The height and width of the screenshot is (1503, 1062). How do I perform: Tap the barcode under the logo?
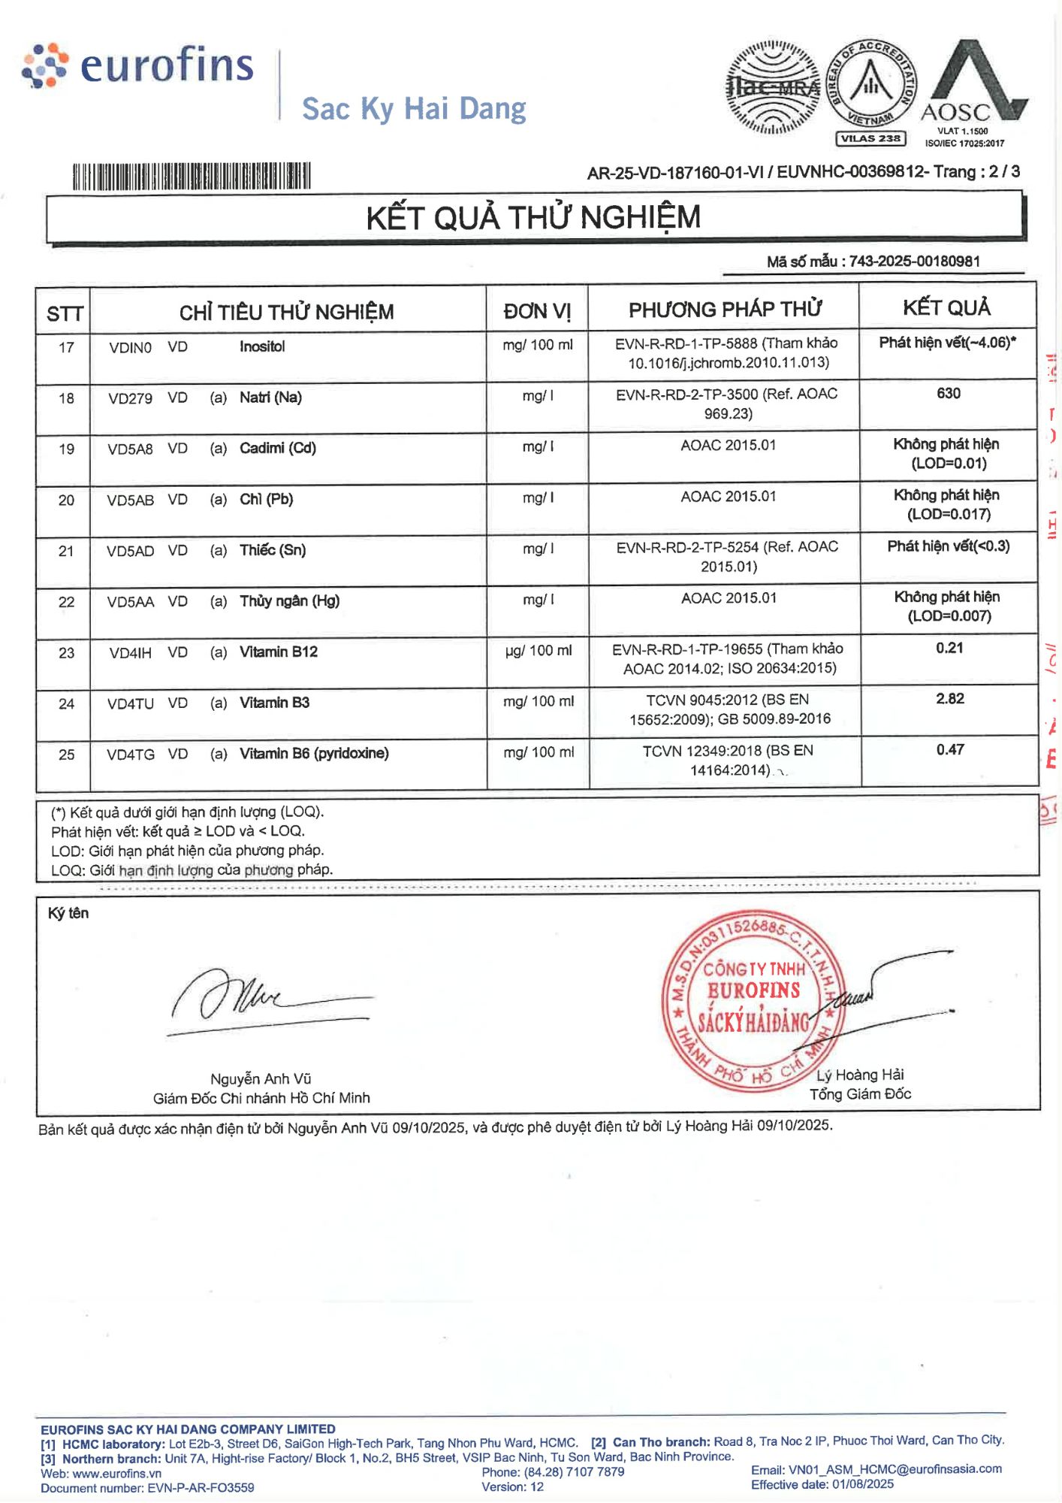(192, 177)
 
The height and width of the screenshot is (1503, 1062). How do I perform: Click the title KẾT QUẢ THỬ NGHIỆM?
(533, 218)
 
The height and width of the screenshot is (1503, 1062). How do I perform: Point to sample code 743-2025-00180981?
(914, 262)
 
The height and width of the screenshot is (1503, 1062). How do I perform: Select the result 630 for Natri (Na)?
(949, 394)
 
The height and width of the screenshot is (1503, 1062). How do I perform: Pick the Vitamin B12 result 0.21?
(949, 648)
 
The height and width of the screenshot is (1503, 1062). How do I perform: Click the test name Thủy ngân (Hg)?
(289, 601)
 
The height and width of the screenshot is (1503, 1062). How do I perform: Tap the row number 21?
(66, 551)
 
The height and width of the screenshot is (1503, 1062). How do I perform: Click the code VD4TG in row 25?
(131, 755)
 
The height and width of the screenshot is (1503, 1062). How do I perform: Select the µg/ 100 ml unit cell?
(539, 651)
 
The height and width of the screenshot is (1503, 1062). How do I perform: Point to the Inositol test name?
(262, 346)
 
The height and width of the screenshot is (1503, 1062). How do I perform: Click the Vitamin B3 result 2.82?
(950, 699)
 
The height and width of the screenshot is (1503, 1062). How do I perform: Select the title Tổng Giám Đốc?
(860, 1094)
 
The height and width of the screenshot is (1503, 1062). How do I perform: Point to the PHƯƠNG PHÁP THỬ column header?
(725, 310)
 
